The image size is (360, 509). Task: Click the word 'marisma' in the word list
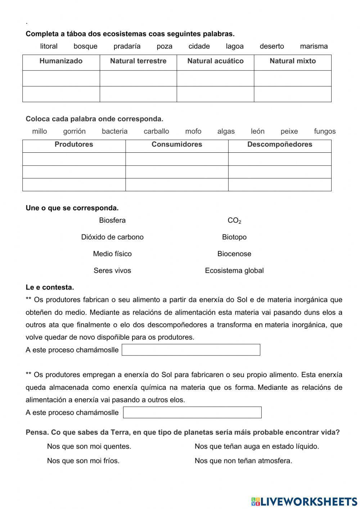pos(314,46)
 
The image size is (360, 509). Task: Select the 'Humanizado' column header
pos(61,61)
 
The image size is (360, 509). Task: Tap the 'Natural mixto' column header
pos(292,61)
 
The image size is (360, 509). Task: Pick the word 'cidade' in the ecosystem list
pos(199,46)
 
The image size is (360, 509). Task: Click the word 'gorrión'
pos(74,131)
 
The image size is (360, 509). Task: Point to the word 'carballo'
pos(156,131)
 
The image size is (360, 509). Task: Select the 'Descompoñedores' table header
pos(279,144)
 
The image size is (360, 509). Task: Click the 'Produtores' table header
pos(74,144)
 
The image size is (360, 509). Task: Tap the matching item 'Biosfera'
pos(112,220)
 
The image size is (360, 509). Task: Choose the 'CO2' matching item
pos(234,220)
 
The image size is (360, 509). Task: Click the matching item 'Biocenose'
pos(234,254)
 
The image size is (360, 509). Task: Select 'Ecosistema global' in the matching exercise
pos(234,271)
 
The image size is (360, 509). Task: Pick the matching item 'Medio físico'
pos(112,254)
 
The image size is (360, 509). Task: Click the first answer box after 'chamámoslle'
pos(191,350)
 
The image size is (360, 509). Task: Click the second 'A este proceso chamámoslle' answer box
pos(192,412)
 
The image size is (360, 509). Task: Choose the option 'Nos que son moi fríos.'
pos(83,460)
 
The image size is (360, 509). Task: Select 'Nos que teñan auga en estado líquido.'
pos(257,446)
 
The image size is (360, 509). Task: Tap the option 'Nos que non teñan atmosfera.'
pos(243,460)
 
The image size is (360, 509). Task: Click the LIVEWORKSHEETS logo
pos(304,501)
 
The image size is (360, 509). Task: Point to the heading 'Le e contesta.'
pos(50,287)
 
